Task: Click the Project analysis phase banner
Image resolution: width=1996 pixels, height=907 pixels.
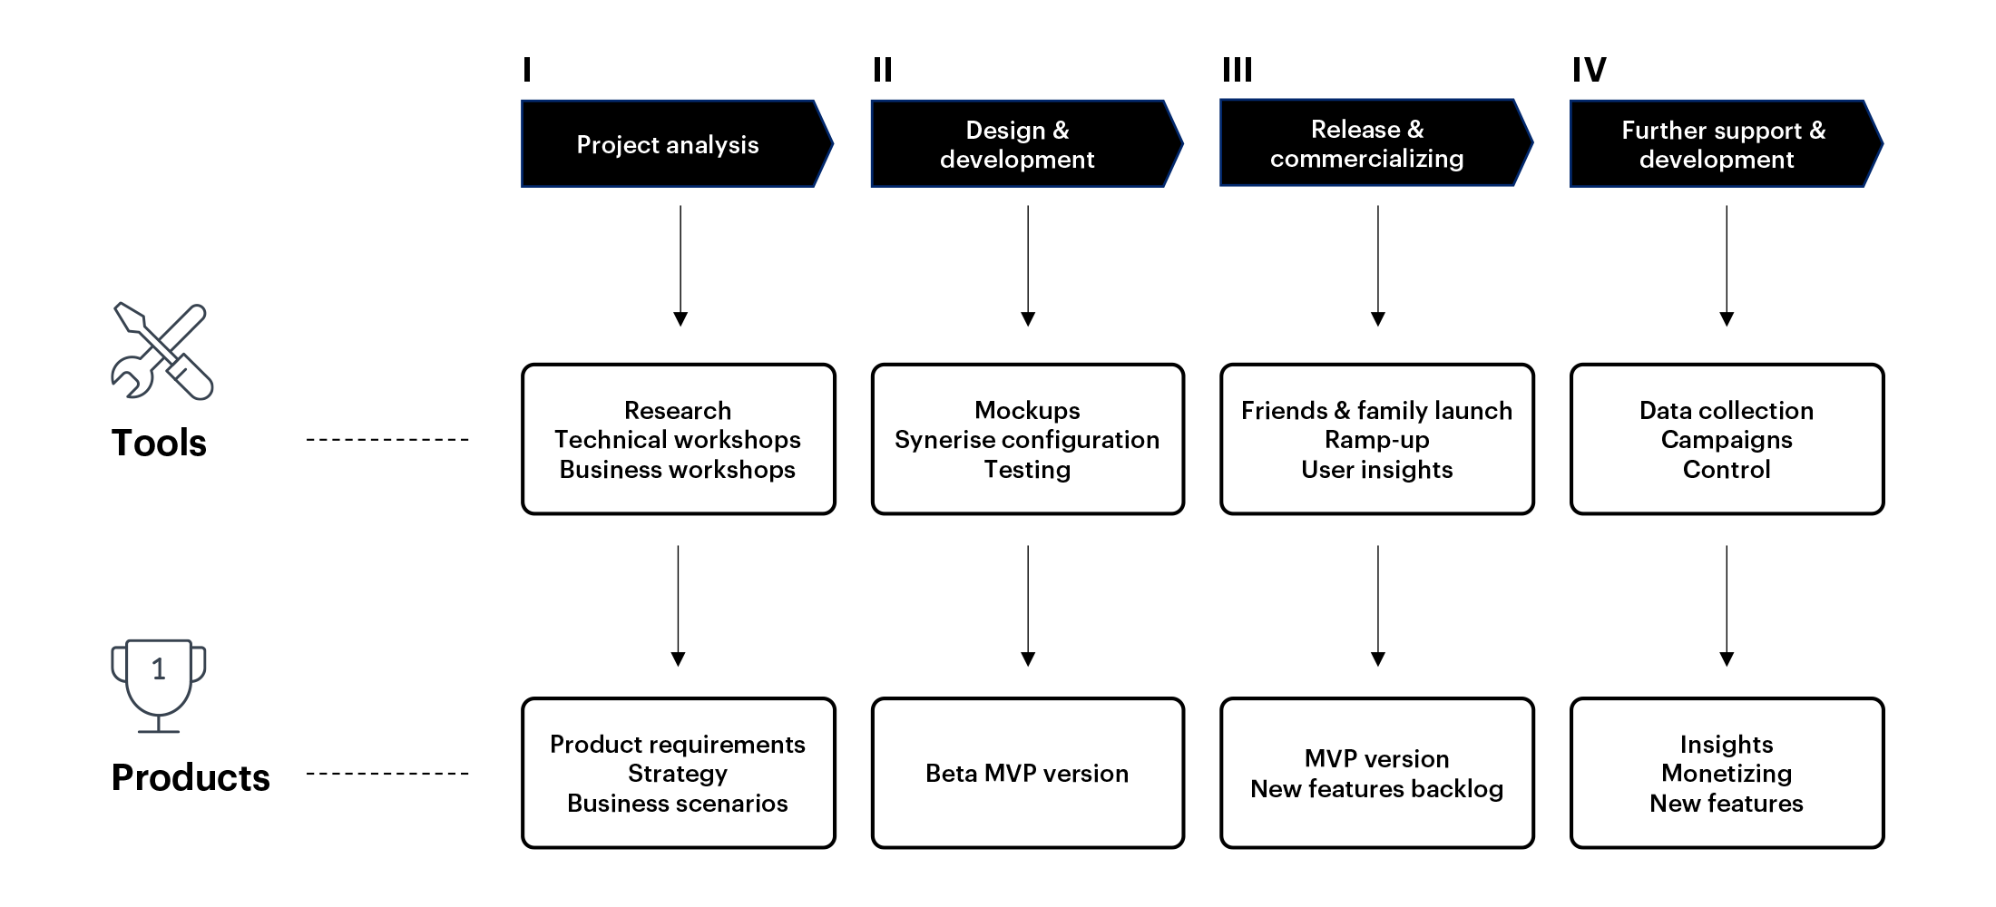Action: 671,144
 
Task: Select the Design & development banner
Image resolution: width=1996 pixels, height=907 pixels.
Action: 1021,144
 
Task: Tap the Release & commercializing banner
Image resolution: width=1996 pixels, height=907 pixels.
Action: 1370,143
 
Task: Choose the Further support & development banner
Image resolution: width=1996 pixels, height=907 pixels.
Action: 1719,144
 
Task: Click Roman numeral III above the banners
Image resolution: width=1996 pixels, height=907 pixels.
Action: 1237,70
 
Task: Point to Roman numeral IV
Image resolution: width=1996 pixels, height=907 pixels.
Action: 1589,70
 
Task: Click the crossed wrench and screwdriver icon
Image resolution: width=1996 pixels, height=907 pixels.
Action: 161,352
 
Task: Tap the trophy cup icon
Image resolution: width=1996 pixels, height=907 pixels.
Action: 159,685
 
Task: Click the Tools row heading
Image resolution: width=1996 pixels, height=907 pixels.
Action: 159,443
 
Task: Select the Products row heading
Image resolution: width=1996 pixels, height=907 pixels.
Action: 191,777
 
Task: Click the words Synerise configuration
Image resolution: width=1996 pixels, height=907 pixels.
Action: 1027,440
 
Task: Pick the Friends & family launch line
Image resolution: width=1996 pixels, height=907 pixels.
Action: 1376,411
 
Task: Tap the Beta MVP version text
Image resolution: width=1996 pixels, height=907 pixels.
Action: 1027,774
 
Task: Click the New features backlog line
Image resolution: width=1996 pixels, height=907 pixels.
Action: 1376,789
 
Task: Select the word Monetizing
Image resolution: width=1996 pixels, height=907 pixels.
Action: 1727,774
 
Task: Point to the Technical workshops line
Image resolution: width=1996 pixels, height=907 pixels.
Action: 678,440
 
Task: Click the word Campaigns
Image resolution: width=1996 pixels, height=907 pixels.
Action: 1727,440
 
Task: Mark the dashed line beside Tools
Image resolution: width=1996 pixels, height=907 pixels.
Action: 387,440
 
